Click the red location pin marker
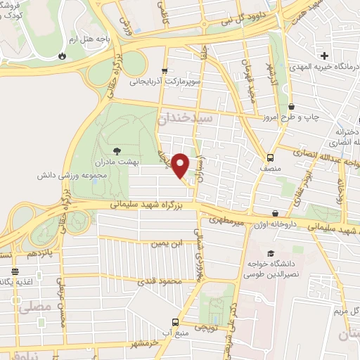[181, 165]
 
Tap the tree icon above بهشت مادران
[117, 150]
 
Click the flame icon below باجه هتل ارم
[64, 53]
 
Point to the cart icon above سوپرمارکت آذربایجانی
[164, 71]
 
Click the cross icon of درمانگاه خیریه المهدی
[324, 56]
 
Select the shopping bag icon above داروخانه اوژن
[274, 213]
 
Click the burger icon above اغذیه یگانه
[15, 271]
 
